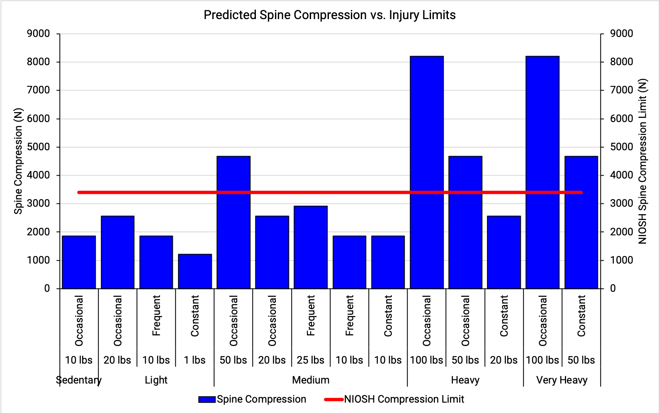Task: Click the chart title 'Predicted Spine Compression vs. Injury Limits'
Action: (329, 15)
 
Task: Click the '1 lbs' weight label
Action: (195, 360)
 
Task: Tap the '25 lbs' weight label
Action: (311, 360)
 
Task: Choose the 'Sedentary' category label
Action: (79, 380)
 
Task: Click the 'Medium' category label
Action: (311, 380)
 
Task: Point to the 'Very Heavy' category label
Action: (562, 380)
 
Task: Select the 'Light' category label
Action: (156, 380)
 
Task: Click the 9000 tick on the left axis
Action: (39, 34)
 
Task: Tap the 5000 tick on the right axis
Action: (622, 147)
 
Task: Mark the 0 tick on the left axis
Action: (47, 288)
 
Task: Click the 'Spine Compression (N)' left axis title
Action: (18, 161)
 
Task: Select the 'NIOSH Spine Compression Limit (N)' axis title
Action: (642, 161)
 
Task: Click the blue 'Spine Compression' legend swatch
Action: (207, 399)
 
